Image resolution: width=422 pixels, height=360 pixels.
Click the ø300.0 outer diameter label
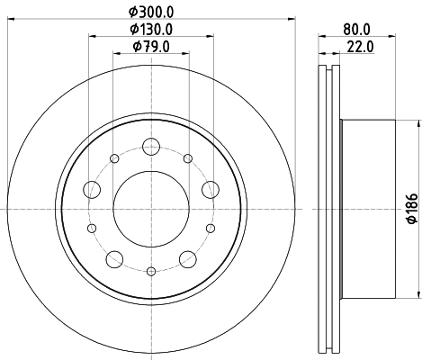(x=150, y=12)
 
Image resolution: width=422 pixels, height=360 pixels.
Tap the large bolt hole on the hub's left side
(x=92, y=189)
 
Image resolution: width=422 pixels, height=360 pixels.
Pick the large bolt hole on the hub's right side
(x=211, y=189)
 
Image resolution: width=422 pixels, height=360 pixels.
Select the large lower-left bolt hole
(x=114, y=259)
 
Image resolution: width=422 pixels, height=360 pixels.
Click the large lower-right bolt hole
(x=188, y=259)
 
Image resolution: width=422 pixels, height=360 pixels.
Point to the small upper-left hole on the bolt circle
(x=115, y=159)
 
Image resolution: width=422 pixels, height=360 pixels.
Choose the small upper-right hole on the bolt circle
(x=187, y=159)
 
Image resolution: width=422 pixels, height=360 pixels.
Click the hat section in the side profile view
(x=369, y=209)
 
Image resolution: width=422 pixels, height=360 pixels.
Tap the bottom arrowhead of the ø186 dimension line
(x=420, y=292)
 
